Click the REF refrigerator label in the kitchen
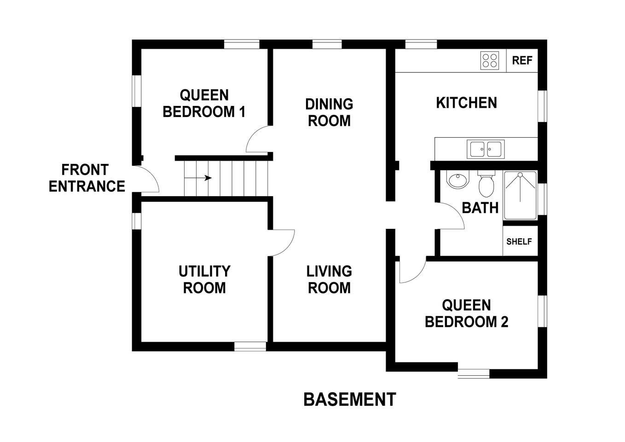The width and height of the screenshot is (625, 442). (x=522, y=60)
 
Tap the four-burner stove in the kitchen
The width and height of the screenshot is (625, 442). (x=490, y=61)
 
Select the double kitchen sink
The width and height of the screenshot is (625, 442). (x=486, y=149)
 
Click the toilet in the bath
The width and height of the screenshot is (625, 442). (x=486, y=184)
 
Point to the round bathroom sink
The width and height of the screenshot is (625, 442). (x=458, y=180)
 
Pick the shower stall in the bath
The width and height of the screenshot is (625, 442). (x=521, y=195)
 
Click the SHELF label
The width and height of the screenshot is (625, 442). (x=519, y=241)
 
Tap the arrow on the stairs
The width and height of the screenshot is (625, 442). (x=198, y=178)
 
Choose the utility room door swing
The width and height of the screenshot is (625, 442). (x=282, y=243)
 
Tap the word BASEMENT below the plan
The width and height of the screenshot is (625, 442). (x=350, y=399)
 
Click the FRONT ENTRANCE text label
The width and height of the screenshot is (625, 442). (x=87, y=178)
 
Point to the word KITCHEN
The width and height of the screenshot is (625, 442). (x=467, y=103)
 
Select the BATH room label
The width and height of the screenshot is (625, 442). (x=480, y=208)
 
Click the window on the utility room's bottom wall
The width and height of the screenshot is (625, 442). (x=250, y=347)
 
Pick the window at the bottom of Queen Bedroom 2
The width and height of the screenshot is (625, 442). (x=474, y=374)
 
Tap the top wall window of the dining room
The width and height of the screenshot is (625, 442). (x=327, y=44)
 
